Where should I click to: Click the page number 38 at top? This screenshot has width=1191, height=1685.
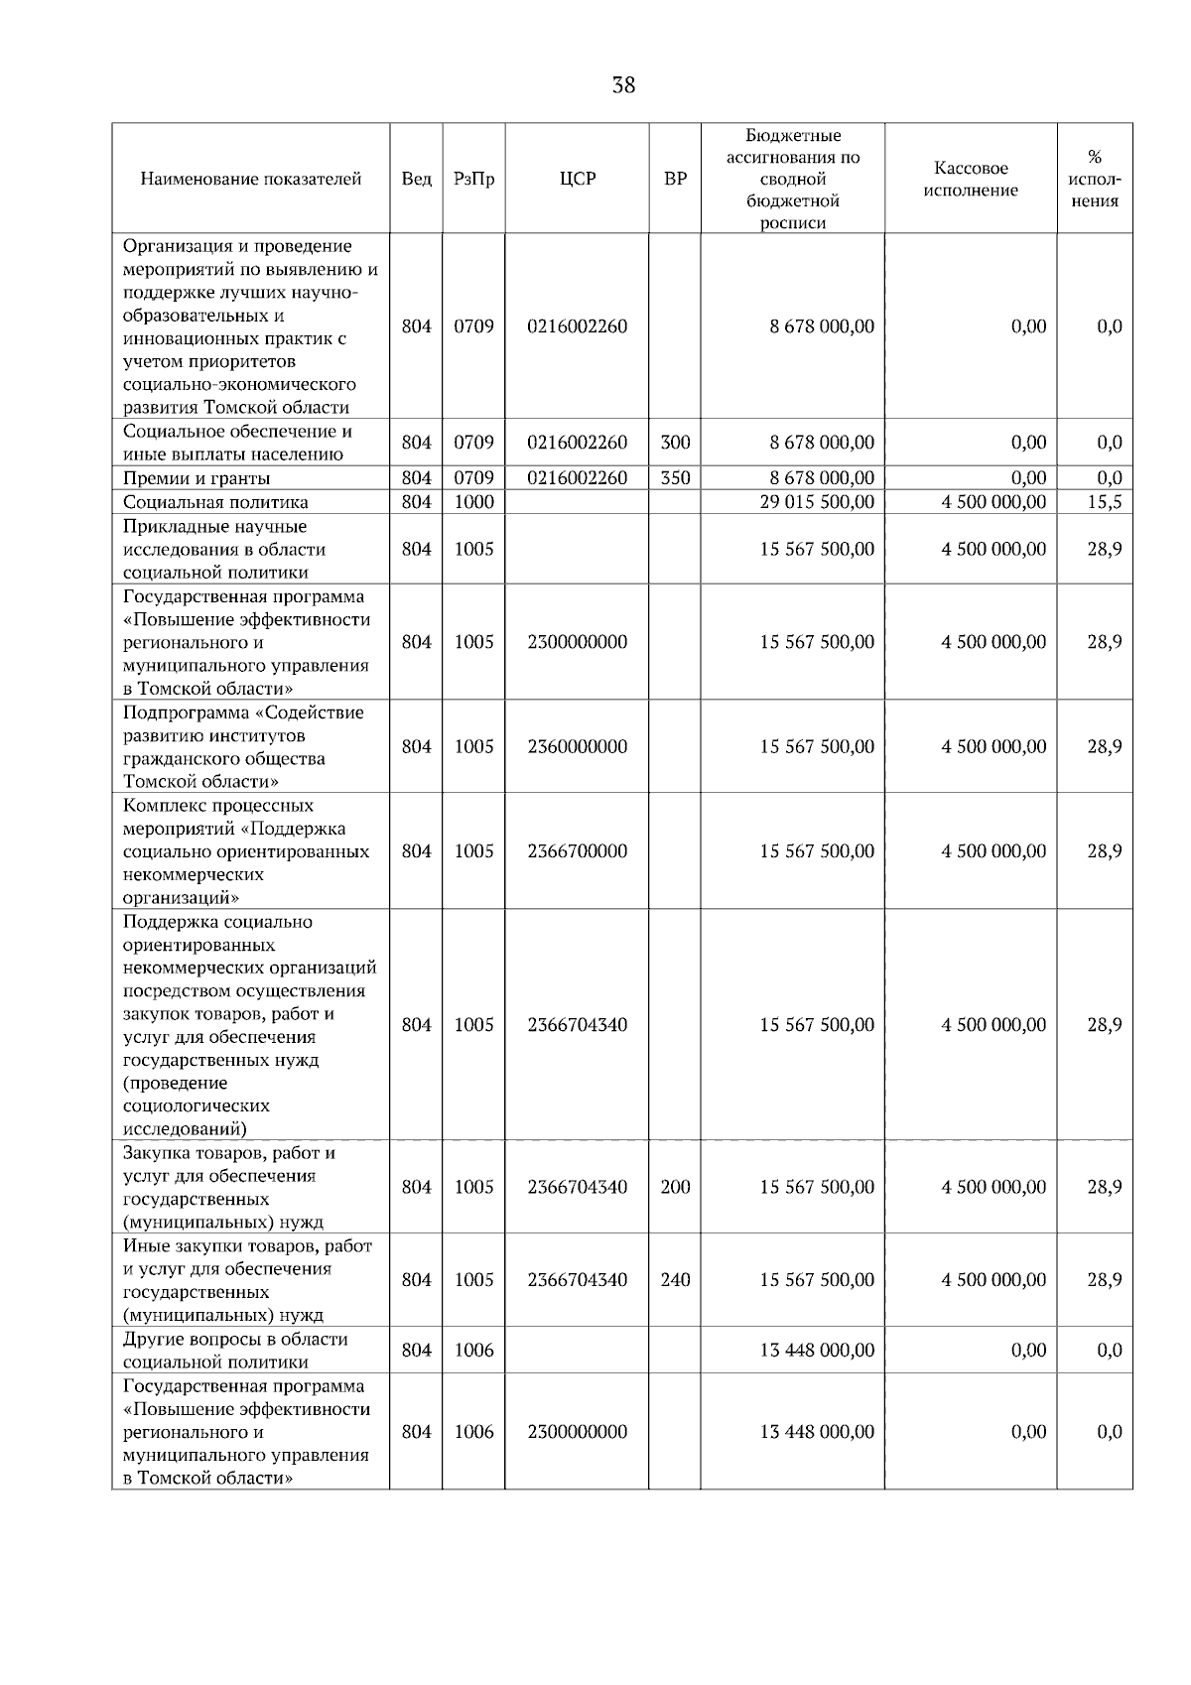point(623,85)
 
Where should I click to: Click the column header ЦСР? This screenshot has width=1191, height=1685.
point(577,180)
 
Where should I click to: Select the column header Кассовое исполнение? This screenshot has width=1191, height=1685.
point(970,180)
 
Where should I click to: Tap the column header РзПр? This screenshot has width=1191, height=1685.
point(473,180)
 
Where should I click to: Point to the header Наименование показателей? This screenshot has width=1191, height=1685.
point(250,180)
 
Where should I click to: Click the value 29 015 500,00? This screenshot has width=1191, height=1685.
point(817,502)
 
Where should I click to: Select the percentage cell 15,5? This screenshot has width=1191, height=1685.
point(1104,502)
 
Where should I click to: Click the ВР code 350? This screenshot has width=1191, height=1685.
point(675,478)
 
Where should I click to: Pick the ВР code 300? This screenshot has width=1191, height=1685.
point(675,443)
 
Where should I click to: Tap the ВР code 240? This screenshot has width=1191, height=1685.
point(675,1280)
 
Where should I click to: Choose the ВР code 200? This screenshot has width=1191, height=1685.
point(675,1187)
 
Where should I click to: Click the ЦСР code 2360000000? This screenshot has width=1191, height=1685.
point(577,746)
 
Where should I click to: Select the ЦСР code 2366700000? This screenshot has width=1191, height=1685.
point(577,851)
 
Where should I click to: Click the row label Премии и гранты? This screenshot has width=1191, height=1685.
point(196,478)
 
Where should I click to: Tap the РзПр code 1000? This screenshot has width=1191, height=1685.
point(473,502)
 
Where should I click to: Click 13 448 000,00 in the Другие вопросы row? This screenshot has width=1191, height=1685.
point(817,1351)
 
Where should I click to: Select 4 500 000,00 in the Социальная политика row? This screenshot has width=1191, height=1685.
point(993,502)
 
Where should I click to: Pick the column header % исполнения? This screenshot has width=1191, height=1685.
point(1095,180)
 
